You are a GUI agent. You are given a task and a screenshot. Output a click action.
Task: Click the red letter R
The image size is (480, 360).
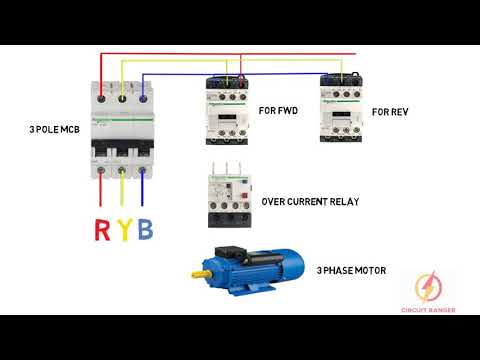tap(102, 231)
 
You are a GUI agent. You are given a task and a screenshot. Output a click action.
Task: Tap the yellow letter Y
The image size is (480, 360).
tap(124, 231)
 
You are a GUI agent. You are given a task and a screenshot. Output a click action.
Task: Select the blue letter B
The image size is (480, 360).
tap(146, 231)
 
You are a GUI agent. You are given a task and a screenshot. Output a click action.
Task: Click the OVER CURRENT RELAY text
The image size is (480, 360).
tap(310, 201)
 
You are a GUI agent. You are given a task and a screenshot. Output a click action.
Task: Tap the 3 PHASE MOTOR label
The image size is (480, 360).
tap(351, 271)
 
